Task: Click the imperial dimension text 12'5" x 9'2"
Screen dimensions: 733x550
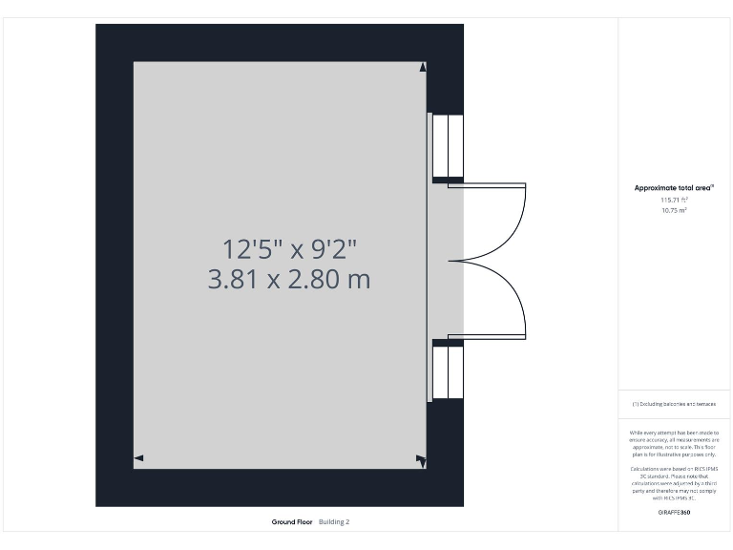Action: [x=289, y=249]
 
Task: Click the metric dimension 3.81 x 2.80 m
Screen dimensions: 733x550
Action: [x=289, y=280]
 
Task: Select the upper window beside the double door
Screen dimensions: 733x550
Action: [x=447, y=147]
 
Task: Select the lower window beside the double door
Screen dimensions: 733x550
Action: [x=447, y=372]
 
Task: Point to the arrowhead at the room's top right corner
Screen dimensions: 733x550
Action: [x=423, y=67]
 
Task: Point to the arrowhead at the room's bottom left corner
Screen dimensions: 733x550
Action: [x=138, y=459]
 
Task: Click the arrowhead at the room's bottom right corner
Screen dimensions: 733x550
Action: [x=421, y=460]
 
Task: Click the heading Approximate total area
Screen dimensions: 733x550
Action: [x=674, y=188]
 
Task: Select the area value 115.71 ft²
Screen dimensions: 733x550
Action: [x=674, y=200]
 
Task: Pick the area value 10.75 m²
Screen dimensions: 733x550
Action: [x=674, y=210]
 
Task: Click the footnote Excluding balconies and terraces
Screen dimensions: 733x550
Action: [x=674, y=405]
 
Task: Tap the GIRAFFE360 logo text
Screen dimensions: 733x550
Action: [x=674, y=513]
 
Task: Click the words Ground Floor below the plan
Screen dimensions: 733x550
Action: [x=291, y=522]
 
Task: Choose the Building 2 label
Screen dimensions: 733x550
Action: [x=334, y=522]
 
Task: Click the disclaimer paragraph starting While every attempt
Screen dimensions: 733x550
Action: [x=674, y=443]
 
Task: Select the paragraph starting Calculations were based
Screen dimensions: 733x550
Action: [x=674, y=483]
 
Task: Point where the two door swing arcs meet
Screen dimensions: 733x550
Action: [x=460, y=260]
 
